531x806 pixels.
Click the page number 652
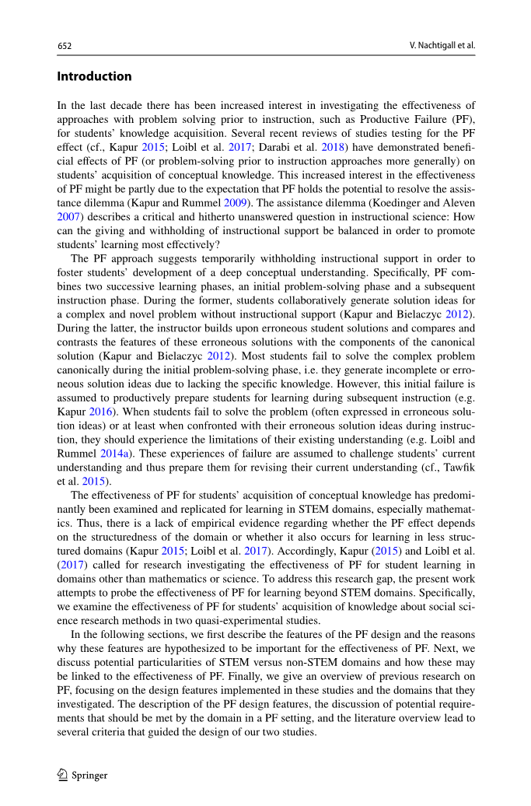tap(65, 46)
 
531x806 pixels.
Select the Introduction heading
tap(94, 76)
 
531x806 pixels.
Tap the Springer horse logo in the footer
tap(63, 774)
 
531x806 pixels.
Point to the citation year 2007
tap(68, 216)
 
